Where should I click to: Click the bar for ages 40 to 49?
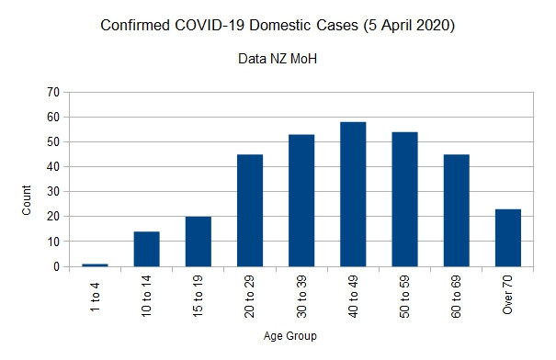352,194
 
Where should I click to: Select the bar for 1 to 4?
95,264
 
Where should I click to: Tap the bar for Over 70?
507,238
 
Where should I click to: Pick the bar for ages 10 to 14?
146,249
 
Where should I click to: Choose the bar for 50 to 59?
404,199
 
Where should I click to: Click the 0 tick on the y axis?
56,267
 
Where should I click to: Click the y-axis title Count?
27,201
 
